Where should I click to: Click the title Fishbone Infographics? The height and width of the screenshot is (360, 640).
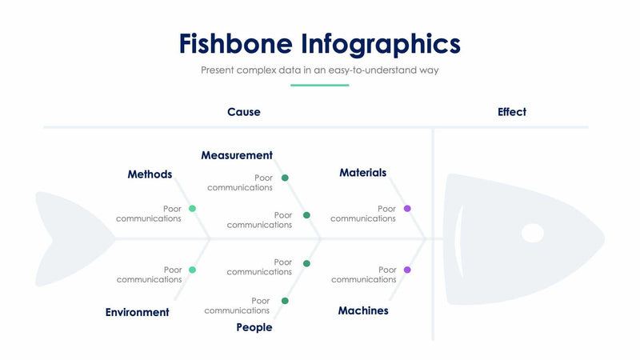coord(319,43)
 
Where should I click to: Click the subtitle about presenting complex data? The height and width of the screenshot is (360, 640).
coord(319,70)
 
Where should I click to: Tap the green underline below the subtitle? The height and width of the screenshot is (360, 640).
coord(319,85)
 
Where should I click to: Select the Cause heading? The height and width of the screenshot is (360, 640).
coord(243,112)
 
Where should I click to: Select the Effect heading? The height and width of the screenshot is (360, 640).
coord(511,112)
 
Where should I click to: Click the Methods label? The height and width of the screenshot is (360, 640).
coord(150,174)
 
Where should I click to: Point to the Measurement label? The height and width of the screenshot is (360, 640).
coord(236,155)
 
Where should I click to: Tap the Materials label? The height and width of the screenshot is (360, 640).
coord(362,173)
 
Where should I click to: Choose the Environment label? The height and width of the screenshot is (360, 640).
coord(137,313)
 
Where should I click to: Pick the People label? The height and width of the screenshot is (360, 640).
coord(254,327)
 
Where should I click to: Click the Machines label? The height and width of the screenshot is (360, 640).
coord(362,310)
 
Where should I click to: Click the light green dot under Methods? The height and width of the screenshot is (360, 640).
coord(192,208)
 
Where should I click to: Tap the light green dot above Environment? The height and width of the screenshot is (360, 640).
coord(192,270)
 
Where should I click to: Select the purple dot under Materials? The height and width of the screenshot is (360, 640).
coord(407,208)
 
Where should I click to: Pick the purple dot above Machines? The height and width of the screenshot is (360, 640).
coord(407,270)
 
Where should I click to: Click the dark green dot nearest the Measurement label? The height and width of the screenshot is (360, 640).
coord(285,178)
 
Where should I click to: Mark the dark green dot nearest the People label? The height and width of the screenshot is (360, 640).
coord(285,301)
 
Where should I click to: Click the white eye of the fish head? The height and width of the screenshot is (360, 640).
coord(532,233)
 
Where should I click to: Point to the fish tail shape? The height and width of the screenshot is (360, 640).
coord(72,238)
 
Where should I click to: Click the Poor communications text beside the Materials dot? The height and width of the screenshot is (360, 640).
coord(363,214)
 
